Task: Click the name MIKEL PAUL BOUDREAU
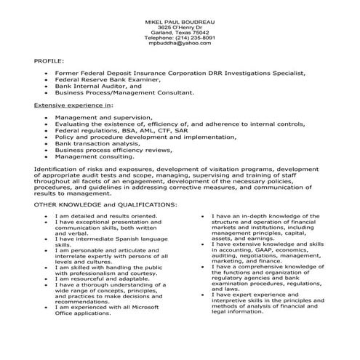[x=180, y=21]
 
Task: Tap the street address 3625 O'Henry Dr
[x=180, y=27]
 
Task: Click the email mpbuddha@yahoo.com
[x=180, y=44]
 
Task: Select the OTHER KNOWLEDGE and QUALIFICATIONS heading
[x=106, y=204]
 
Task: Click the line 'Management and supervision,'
[x=103, y=117]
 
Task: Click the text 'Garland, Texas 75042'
[x=180, y=33]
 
